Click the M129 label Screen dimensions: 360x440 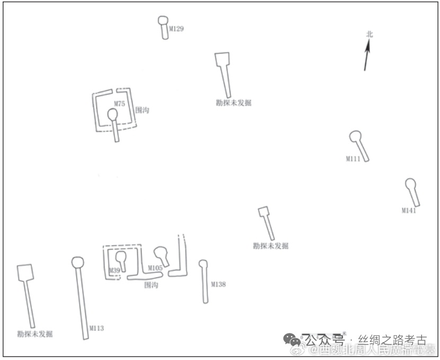coord(177,29)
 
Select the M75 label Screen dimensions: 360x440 coord(119,104)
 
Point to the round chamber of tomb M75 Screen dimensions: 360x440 coord(112,114)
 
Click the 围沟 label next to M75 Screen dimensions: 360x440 coord(142,110)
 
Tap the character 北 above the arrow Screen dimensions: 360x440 coord(369,34)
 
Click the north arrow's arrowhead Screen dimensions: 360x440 coord(367,47)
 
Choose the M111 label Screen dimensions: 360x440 coord(354,159)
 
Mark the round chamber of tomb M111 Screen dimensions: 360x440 coord(355,136)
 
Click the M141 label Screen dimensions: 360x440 coord(409,210)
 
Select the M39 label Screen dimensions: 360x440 coord(114,271)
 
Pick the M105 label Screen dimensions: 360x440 coord(155,268)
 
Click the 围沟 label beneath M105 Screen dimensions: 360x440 coord(151,285)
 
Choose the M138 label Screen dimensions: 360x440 coord(218,284)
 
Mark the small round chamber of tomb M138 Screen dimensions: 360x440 coord(203,263)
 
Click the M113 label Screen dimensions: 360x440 coord(96,328)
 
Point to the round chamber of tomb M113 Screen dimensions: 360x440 coord(77,262)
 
